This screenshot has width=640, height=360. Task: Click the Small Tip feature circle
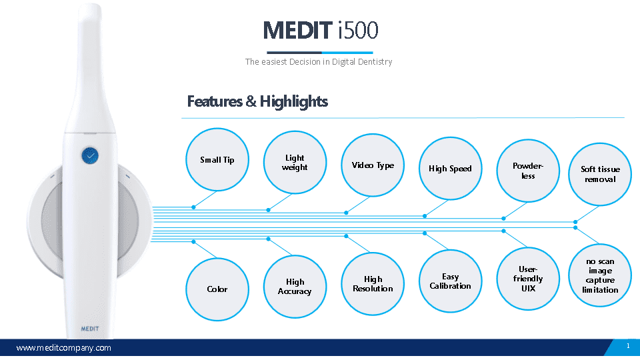(217, 159)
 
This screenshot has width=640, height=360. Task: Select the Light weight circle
(295, 163)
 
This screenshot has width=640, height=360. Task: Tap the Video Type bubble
(373, 165)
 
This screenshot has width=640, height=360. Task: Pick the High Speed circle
(450, 168)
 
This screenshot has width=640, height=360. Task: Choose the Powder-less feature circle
(528, 171)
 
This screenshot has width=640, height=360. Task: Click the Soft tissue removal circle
(600, 174)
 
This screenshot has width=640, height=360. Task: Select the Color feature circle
(217, 289)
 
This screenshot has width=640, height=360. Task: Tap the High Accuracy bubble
(295, 287)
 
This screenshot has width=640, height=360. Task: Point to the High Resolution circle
(373, 284)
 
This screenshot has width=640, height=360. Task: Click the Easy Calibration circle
(450, 281)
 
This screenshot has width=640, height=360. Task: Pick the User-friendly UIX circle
(528, 279)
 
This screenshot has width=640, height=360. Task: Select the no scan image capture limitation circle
(600, 275)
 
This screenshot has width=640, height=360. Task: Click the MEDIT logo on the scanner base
(90, 329)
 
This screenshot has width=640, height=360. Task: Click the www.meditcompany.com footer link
(64, 348)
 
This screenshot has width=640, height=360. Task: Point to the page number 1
(628, 346)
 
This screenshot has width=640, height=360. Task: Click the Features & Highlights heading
(257, 101)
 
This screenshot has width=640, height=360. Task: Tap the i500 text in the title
(358, 31)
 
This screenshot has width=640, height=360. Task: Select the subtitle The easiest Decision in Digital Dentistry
(319, 61)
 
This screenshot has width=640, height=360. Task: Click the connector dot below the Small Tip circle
(193, 207)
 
